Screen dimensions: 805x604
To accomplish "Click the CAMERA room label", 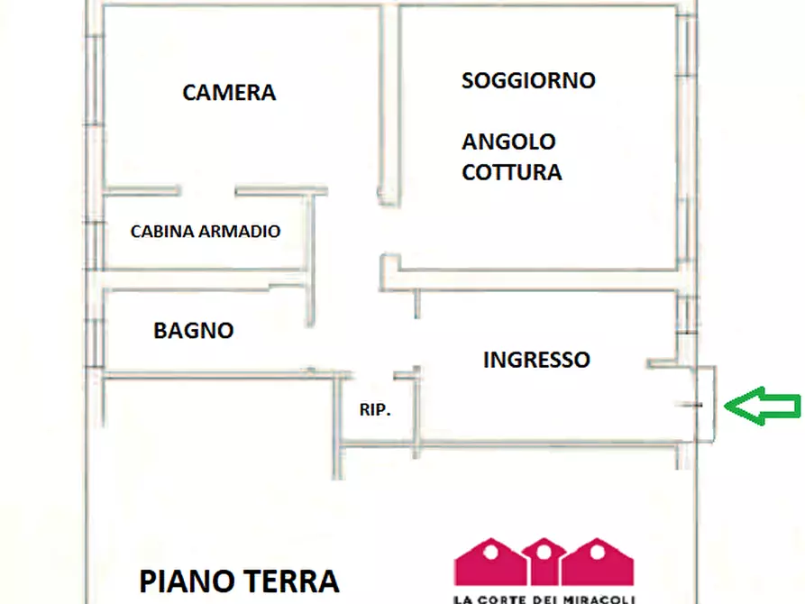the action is click(x=229, y=93).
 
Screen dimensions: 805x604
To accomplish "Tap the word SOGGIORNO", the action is click(x=528, y=80).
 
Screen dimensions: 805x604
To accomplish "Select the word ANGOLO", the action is click(x=508, y=142).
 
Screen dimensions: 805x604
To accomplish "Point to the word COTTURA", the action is click(x=511, y=172).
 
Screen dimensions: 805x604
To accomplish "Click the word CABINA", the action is click(x=162, y=232).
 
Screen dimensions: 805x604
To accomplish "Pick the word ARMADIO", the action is click(x=239, y=232).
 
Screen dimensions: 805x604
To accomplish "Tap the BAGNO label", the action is click(x=194, y=331).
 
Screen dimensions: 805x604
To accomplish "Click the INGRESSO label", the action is click(x=536, y=360).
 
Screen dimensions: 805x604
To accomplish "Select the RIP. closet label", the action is click(x=375, y=410).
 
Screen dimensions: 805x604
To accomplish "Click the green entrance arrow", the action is click(x=763, y=406).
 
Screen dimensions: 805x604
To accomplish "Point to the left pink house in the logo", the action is click(x=490, y=562).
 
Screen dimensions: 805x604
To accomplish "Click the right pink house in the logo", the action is click(x=598, y=562).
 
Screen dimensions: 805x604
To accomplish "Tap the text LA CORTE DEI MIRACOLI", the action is click(x=544, y=599).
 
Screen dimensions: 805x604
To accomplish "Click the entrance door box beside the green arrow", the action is click(x=706, y=404).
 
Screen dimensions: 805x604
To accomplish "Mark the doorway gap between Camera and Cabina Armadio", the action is click(x=207, y=191).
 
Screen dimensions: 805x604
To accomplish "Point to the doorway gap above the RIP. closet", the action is click(x=374, y=375).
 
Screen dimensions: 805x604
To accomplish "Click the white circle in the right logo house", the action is click(x=598, y=552).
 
